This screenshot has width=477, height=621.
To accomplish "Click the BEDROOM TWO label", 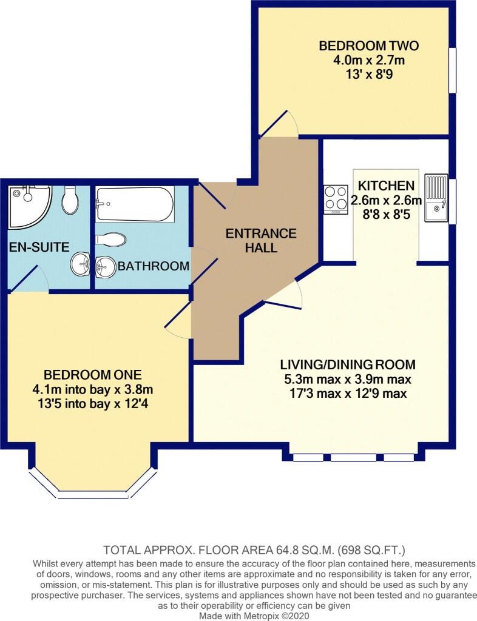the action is [368, 45].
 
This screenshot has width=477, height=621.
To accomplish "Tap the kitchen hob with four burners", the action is [336, 200].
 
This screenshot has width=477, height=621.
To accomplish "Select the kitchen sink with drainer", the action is [436, 198].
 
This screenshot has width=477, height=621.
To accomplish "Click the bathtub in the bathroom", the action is [135, 204].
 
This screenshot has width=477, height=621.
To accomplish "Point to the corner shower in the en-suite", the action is [30, 207].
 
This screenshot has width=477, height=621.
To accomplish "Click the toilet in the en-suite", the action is [71, 199].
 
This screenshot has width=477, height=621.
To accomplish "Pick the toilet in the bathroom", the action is [111, 240].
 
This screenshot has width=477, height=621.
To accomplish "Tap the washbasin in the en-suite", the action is [81, 264].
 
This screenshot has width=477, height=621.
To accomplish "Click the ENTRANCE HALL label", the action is [261, 240].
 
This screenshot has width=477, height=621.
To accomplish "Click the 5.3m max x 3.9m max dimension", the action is [348, 380].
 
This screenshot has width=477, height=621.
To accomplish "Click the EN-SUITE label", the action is [39, 247].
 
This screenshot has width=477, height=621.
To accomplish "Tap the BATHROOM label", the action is [154, 266].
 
